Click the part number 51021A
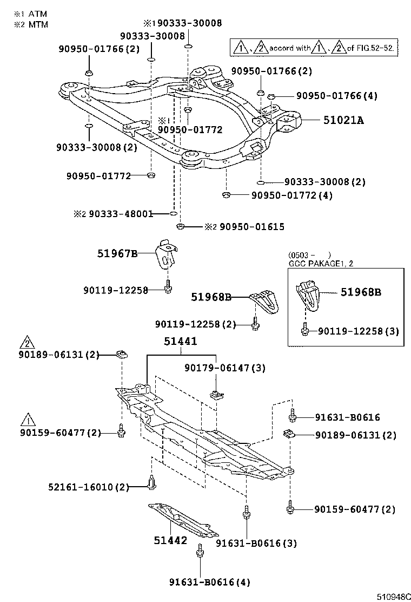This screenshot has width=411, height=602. click(343, 120)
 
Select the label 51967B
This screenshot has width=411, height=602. click(118, 253)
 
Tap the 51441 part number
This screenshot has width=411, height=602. click(181, 342)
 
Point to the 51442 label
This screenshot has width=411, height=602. click(170, 540)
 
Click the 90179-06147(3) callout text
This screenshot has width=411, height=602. click(224, 368)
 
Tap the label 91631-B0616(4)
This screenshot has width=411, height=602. click(202, 583)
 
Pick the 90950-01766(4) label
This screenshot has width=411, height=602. click(336, 96)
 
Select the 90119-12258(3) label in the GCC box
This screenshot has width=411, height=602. click(357, 330)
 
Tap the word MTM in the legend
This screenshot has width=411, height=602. click(38, 24)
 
